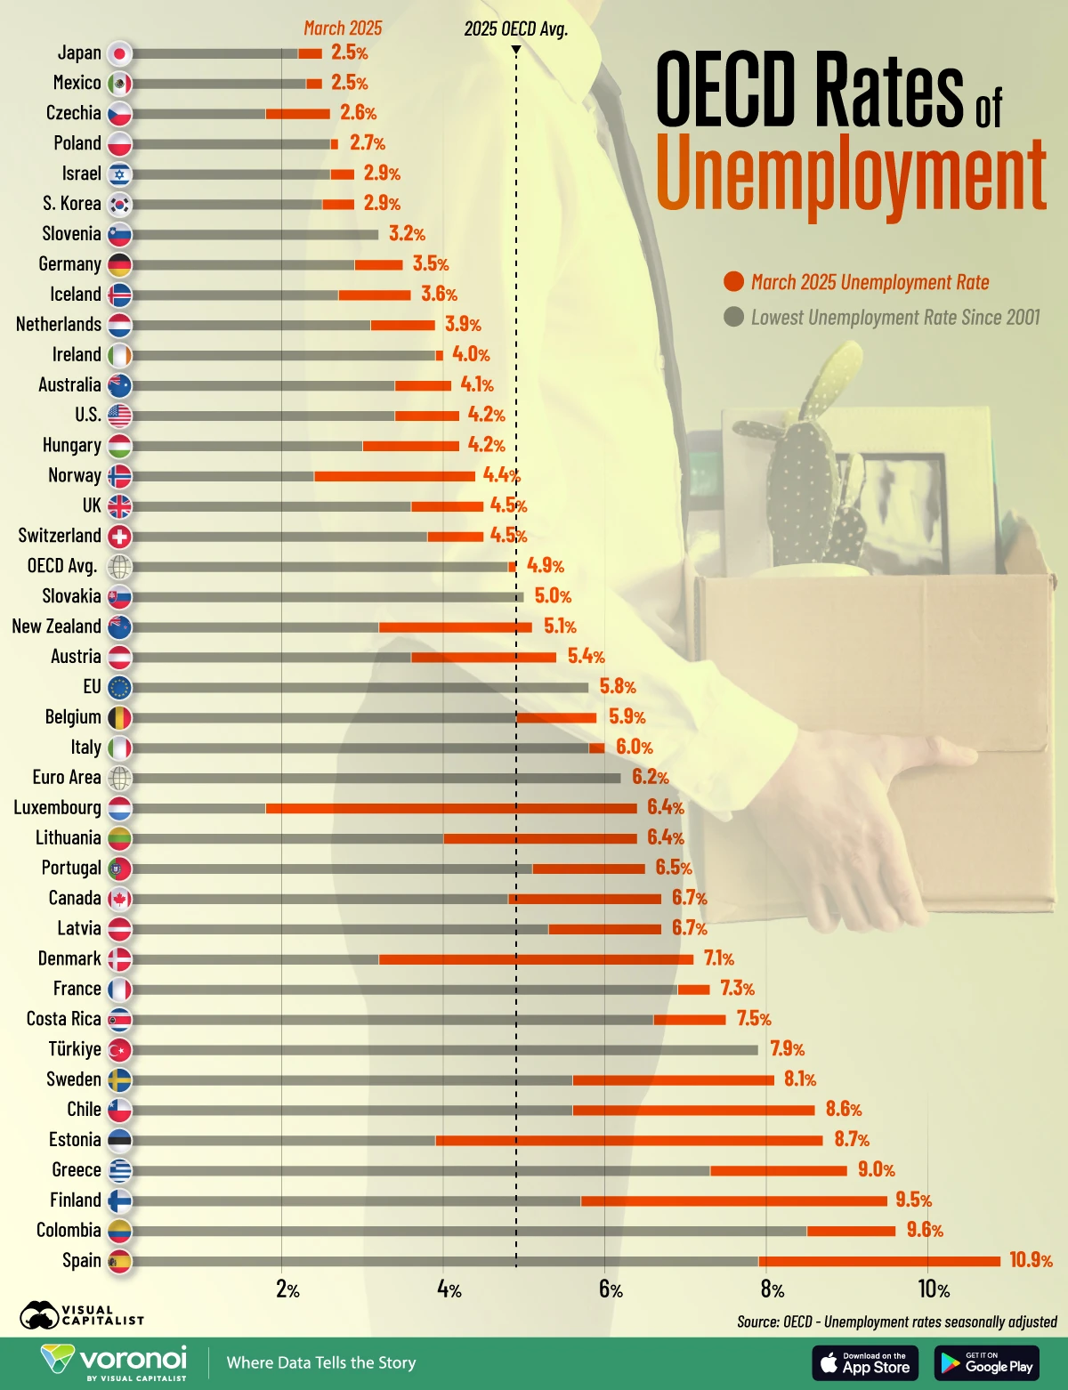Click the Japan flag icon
[x=119, y=53]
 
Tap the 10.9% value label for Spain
[x=1031, y=1260]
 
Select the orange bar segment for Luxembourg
[x=451, y=808]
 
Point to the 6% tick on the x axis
[x=611, y=1289]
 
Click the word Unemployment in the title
[x=850, y=174]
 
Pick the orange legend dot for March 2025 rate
[x=733, y=282]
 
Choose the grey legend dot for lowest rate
[x=733, y=317]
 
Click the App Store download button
[x=865, y=1362]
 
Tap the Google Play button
[x=987, y=1362]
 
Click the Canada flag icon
[x=119, y=899]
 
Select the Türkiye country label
[x=75, y=1048]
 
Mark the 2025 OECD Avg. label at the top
[x=515, y=28]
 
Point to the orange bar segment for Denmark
[x=536, y=959]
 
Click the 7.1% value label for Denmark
[x=718, y=958]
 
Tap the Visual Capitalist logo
[x=82, y=1314]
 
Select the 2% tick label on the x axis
[x=287, y=1289]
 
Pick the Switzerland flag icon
[x=119, y=536]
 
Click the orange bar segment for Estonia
[x=629, y=1140]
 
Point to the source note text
[x=896, y=1321]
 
